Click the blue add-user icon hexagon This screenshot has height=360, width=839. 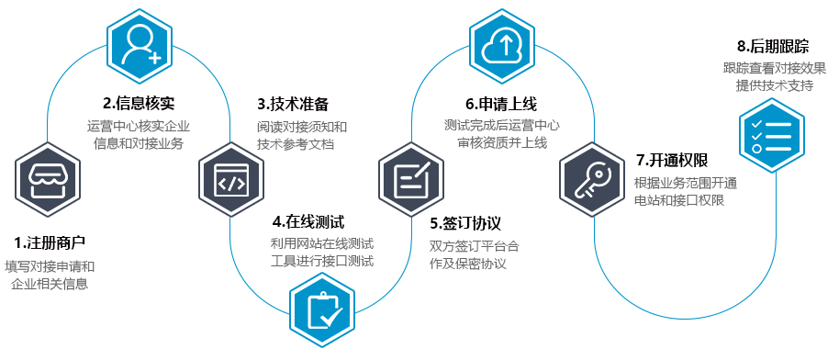click(140, 41)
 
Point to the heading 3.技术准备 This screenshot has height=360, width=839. click(292, 103)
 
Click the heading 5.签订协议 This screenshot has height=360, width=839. click(465, 223)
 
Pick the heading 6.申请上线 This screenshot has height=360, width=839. click(501, 103)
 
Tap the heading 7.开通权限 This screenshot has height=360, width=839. click(669, 160)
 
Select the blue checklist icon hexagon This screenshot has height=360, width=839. click(771, 133)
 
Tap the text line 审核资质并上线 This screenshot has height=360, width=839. click(501, 142)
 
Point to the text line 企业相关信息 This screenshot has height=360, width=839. click(50, 284)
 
